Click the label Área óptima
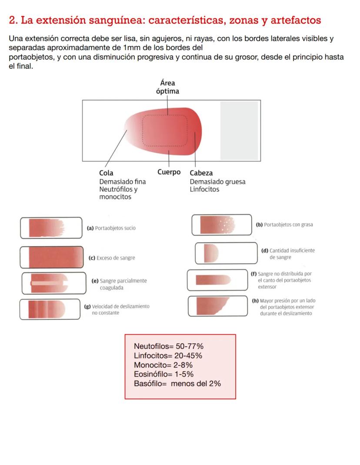click(167, 87)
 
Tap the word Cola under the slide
click(106, 173)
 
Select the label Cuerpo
click(169, 172)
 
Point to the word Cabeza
click(201, 173)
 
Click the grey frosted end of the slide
click(239, 130)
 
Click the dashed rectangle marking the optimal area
click(143, 130)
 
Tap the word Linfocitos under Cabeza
click(204, 189)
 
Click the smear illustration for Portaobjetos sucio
click(47, 228)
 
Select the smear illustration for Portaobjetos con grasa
click(217, 225)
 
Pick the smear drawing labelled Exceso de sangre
click(56, 257)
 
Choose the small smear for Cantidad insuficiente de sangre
click(211, 253)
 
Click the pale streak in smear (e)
click(47, 283)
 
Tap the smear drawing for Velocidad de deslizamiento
click(47, 309)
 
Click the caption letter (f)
click(253, 274)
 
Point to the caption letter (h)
click(255, 301)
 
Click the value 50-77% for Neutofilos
click(190, 346)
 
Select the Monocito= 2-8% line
click(163, 365)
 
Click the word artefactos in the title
click(296, 20)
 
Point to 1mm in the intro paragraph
click(131, 47)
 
